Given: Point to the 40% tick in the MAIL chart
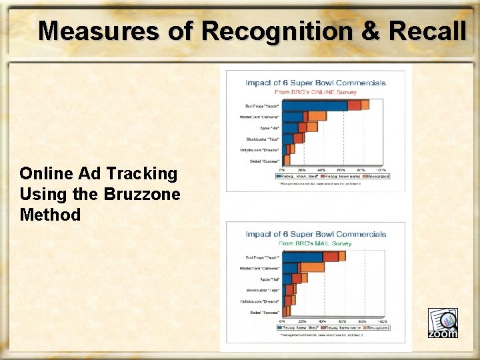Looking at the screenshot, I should coord(323,321).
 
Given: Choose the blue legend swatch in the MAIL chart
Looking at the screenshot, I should coord(280,327).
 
